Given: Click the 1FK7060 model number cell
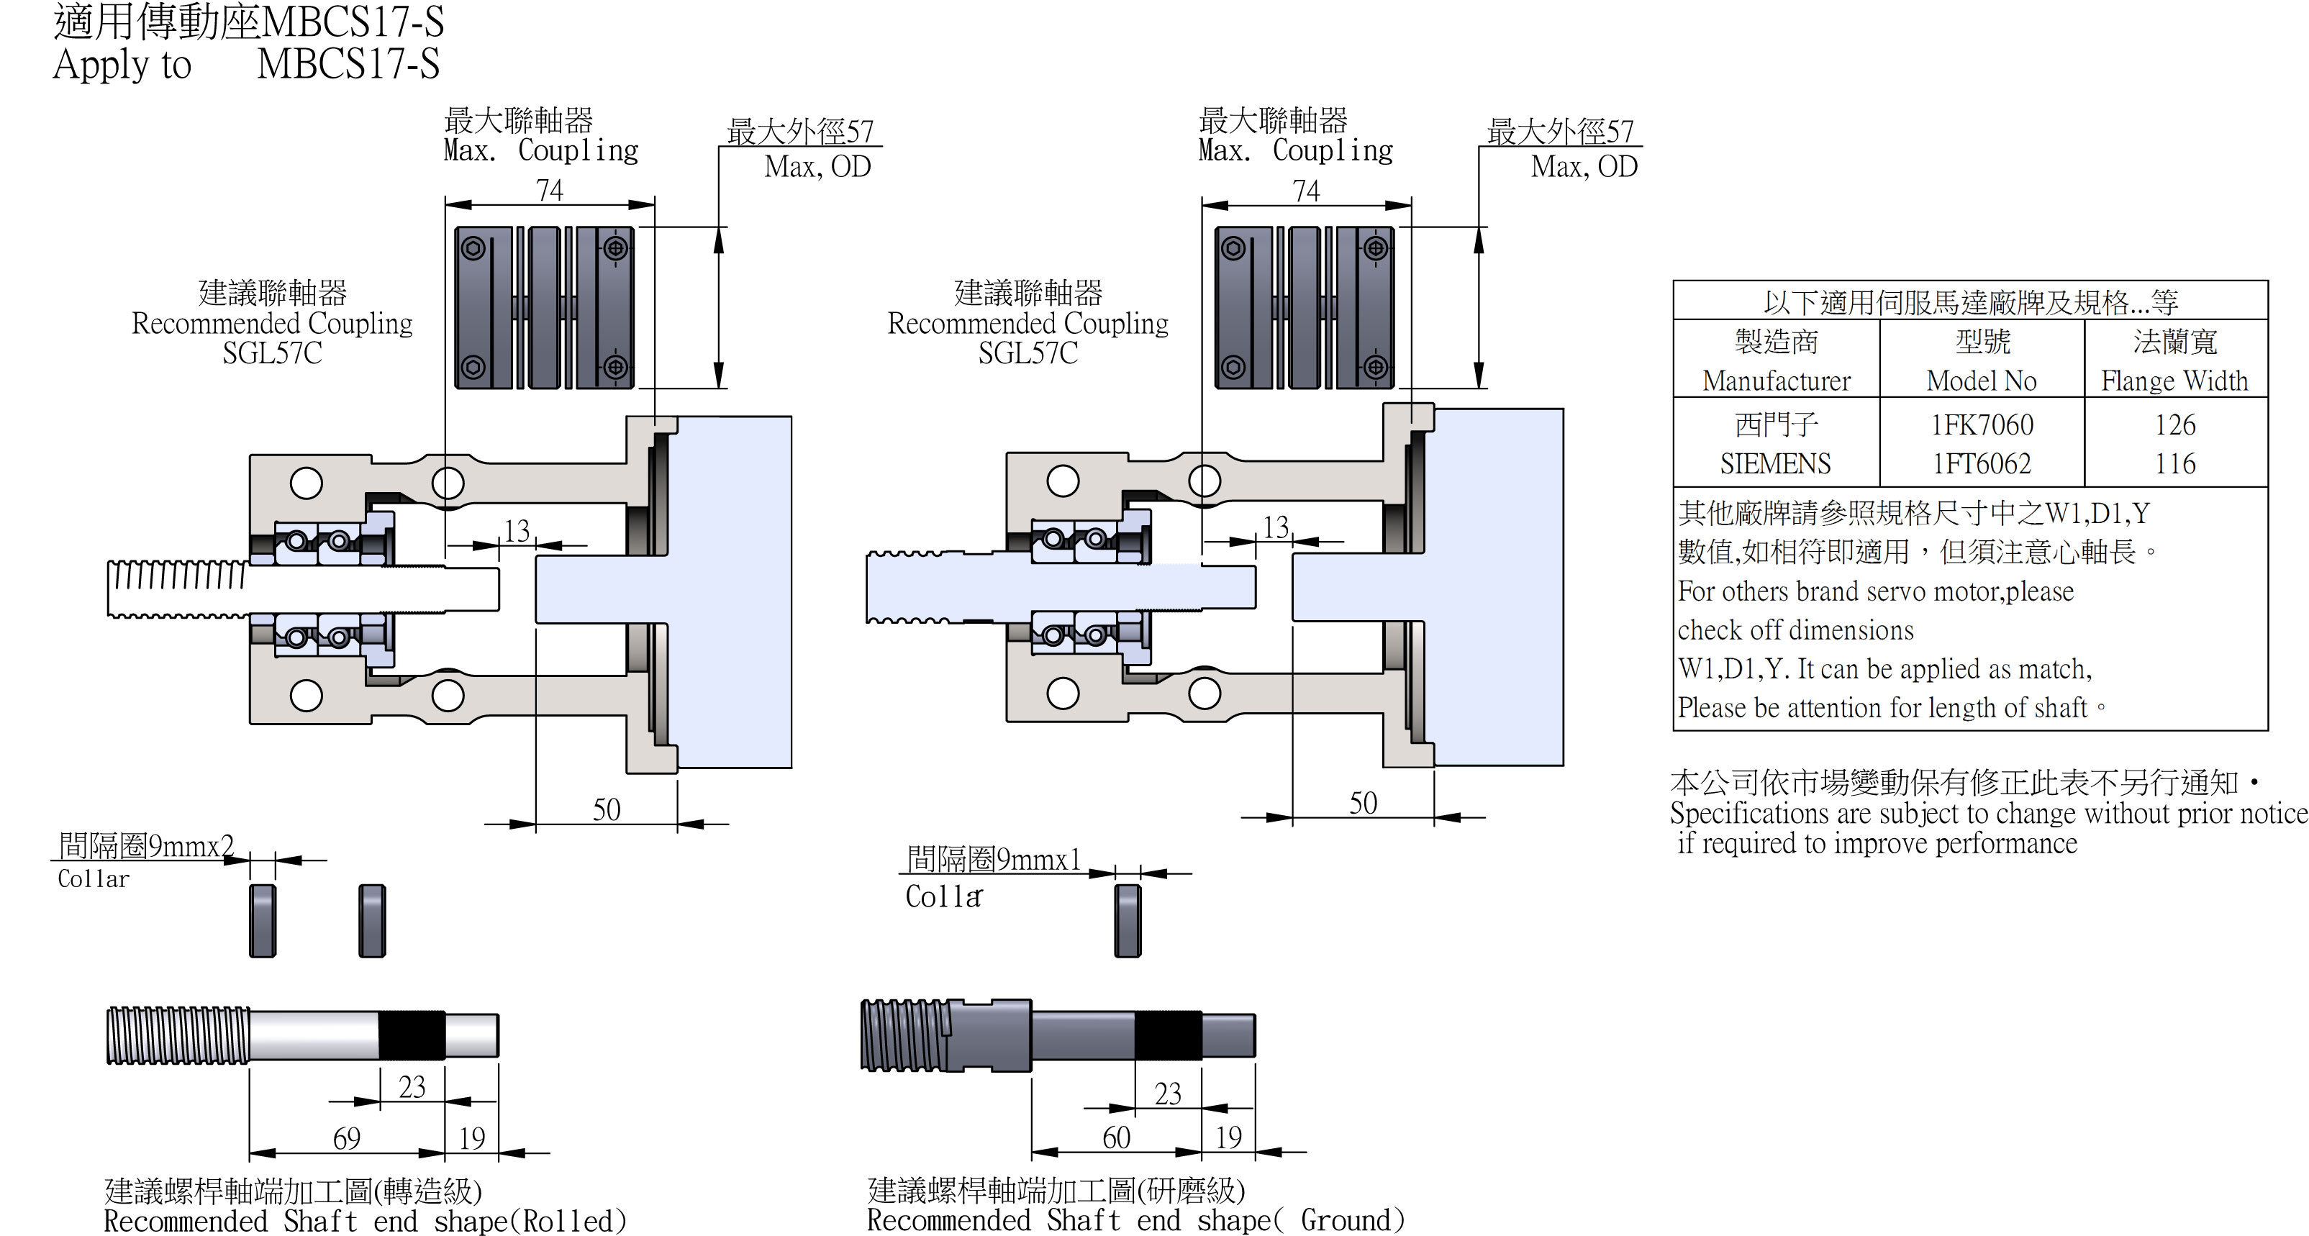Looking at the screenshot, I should click(1982, 425).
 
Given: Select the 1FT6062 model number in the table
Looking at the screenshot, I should click(1982, 463).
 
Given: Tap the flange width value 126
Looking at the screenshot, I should click(2174, 425).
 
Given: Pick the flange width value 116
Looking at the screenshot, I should click(2174, 463).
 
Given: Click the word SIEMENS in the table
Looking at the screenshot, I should click(1775, 463).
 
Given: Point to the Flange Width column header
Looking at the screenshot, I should click(2174, 381).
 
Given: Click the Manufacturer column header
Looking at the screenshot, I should click(1776, 381).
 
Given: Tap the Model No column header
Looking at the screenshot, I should click(1981, 381).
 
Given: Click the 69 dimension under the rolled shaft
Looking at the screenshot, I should click(347, 1138).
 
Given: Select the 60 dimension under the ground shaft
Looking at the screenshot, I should click(1116, 1137).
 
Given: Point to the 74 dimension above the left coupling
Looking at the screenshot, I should click(550, 190).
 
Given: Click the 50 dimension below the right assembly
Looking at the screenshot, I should click(1363, 803).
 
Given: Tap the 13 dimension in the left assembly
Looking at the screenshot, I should click(517, 531).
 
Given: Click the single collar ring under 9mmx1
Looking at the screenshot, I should click(1128, 920).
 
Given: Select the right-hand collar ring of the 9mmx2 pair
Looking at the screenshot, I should click(372, 920).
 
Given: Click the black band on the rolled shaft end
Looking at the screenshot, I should click(412, 1036).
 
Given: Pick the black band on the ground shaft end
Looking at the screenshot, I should click(1168, 1036).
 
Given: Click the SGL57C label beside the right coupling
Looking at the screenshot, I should click(1028, 353).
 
